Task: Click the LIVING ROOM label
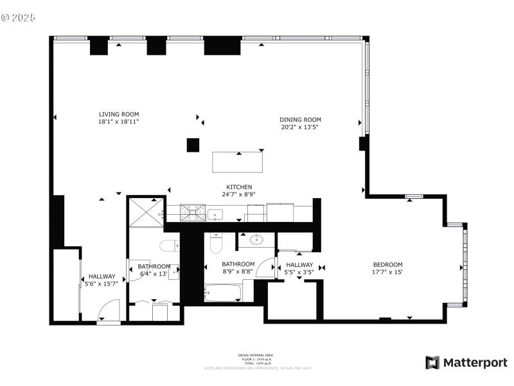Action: point(118,114)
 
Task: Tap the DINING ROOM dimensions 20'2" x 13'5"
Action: point(300,127)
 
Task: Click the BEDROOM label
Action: point(388,264)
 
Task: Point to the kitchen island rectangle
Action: point(238,162)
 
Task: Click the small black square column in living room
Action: point(192,145)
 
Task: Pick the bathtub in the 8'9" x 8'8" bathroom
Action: point(223,293)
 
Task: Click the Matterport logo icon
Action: point(432,362)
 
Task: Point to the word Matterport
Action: point(475,363)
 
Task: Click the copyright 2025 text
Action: point(19,17)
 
